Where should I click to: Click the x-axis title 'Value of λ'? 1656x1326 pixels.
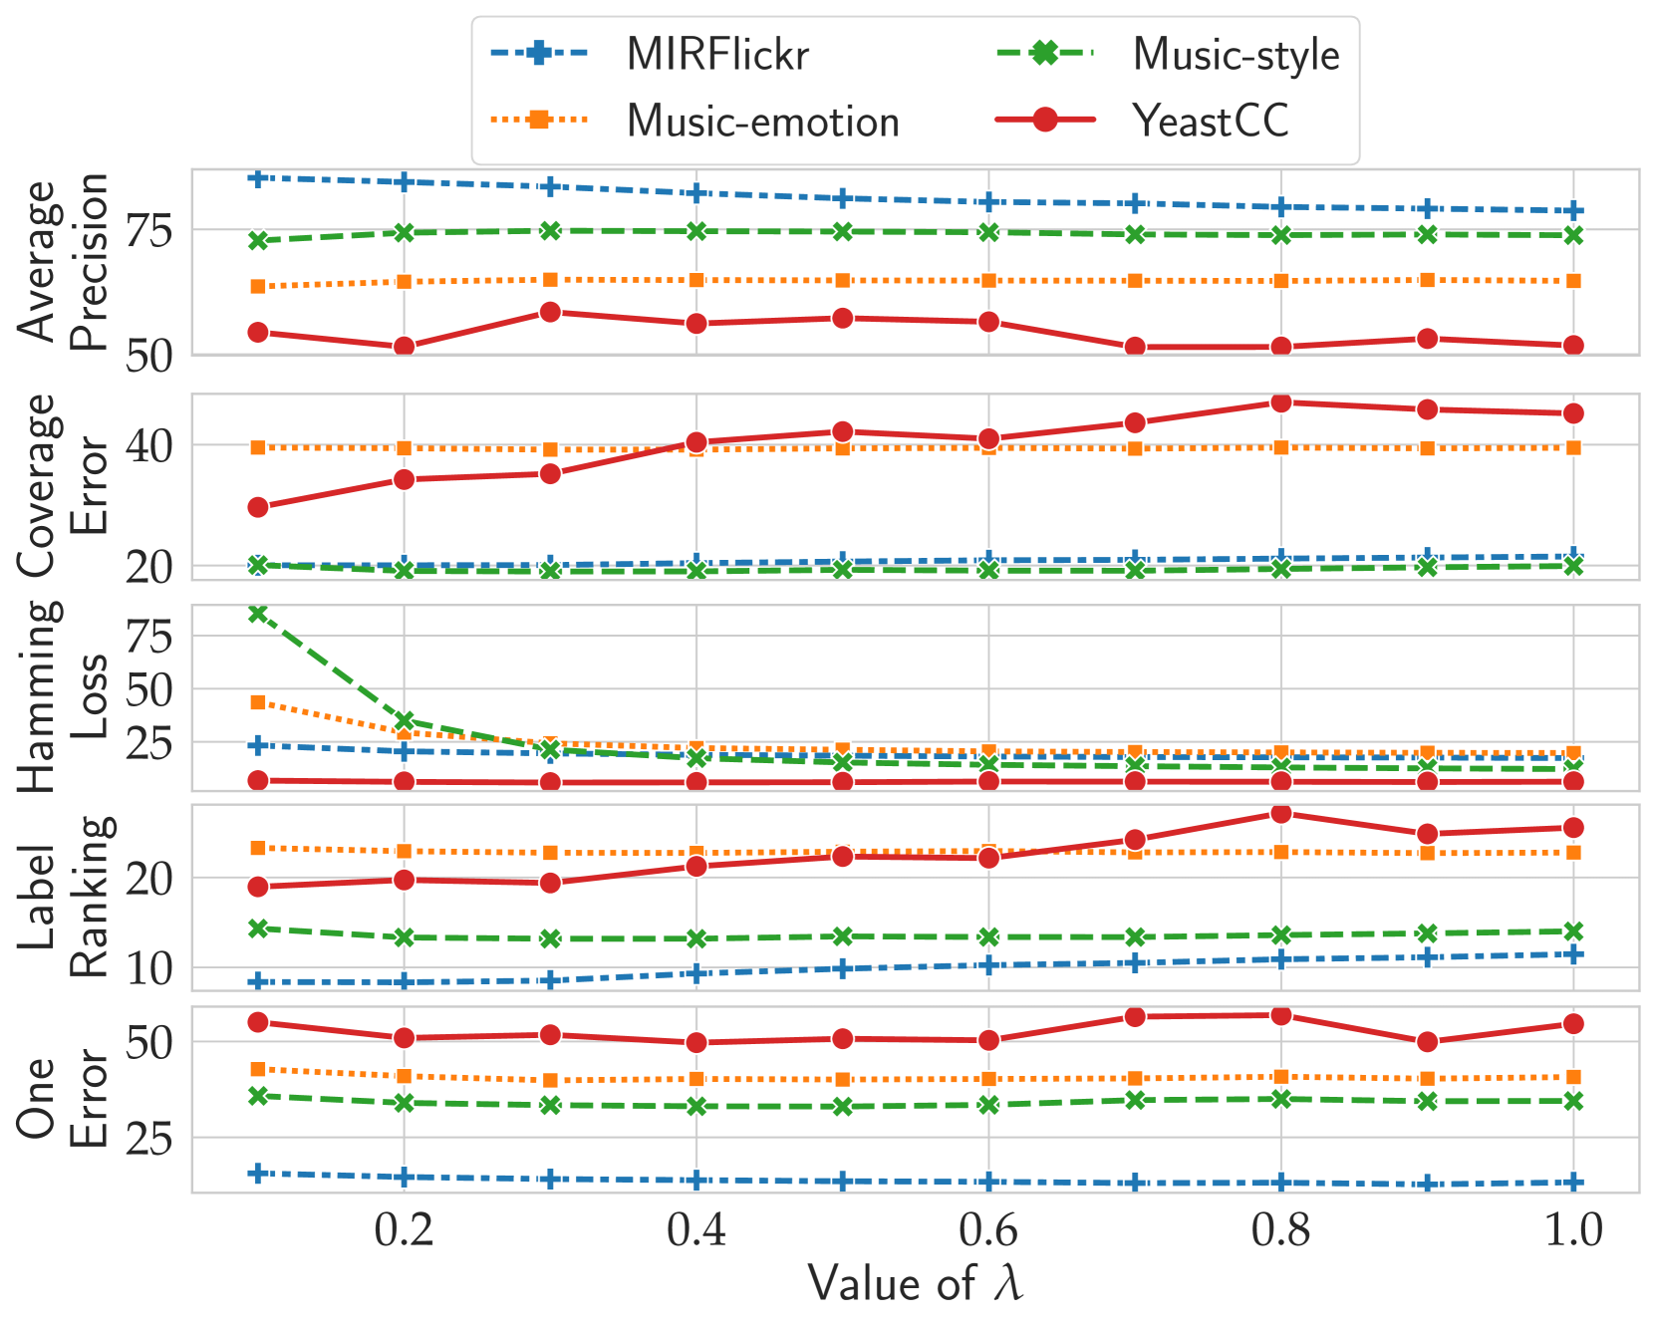[x=915, y=1283]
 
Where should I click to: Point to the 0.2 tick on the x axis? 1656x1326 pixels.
[x=404, y=1231]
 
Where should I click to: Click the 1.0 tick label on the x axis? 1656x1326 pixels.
[x=1572, y=1231]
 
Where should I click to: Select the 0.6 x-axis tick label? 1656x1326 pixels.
[x=988, y=1231]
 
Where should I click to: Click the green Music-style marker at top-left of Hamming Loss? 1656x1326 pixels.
[x=258, y=614]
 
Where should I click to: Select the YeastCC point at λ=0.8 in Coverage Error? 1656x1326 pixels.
[x=1281, y=402]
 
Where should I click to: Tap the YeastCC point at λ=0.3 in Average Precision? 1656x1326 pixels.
[x=550, y=313]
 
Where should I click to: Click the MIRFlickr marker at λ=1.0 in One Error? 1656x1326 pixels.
[x=1573, y=1183]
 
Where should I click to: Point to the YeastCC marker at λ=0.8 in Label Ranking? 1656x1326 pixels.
[x=1281, y=814]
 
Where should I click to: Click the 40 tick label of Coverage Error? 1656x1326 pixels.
[x=148, y=445]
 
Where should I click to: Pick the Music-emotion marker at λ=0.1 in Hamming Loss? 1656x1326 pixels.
[x=258, y=702]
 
